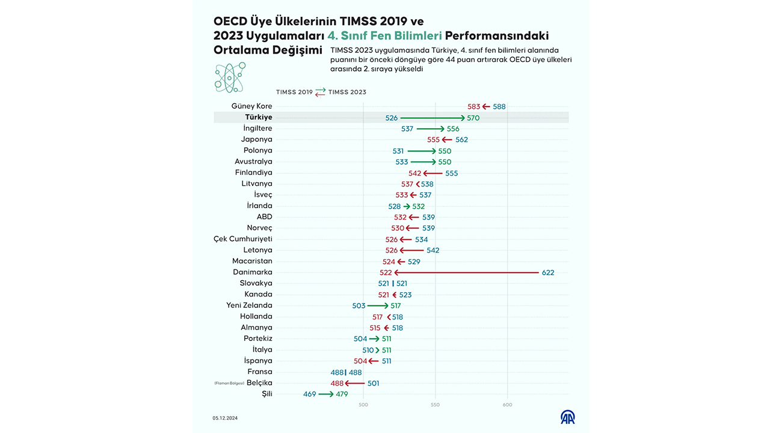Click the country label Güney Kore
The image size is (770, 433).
click(x=251, y=106)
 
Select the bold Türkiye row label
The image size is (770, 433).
click(x=258, y=117)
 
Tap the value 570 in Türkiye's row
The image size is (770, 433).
click(x=473, y=118)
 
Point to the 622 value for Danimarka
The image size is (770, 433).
click(x=547, y=272)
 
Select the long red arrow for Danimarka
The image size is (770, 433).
click(x=466, y=272)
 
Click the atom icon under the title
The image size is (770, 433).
click(x=229, y=77)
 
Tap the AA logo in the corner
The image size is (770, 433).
click(x=567, y=417)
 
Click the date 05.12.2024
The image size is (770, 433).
click(x=224, y=418)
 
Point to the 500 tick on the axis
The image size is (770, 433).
click(x=363, y=405)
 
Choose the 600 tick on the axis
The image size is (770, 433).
click(x=507, y=405)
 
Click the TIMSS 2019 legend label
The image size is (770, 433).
click(x=294, y=92)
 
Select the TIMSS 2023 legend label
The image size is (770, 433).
click(x=347, y=92)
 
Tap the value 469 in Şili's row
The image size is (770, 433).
click(x=310, y=395)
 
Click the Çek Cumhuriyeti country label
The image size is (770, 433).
click(x=243, y=239)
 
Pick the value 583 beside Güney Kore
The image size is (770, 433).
click(x=474, y=106)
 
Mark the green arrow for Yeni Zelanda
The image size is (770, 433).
click(x=378, y=306)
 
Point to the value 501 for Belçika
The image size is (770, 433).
click(x=373, y=383)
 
